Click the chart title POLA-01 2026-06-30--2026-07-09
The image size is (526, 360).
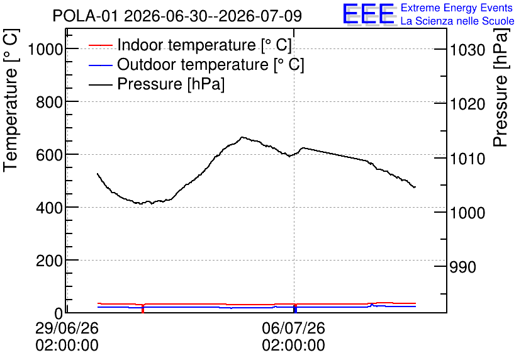point(177,16)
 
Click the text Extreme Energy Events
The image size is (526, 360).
point(457,8)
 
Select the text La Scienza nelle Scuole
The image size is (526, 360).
point(457,21)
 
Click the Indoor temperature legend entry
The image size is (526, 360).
point(190,45)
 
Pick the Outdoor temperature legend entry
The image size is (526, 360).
point(196,64)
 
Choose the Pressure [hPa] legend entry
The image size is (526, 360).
point(156,84)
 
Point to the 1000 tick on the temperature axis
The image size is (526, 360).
point(45,50)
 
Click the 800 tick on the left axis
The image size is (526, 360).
point(49,102)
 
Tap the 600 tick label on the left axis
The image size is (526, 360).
point(49,155)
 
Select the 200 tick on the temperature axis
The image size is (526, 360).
point(49,261)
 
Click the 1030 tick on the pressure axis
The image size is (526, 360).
point(467,50)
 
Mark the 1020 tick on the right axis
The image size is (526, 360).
point(467,104)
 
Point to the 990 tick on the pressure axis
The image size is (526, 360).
point(462,267)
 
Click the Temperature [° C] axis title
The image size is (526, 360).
point(11,101)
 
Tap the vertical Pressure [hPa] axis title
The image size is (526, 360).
point(500,87)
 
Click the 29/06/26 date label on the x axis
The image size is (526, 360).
point(67,328)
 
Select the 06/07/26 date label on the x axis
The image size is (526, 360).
point(294,328)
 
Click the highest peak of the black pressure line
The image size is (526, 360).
point(242,137)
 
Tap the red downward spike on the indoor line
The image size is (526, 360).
point(143,308)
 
